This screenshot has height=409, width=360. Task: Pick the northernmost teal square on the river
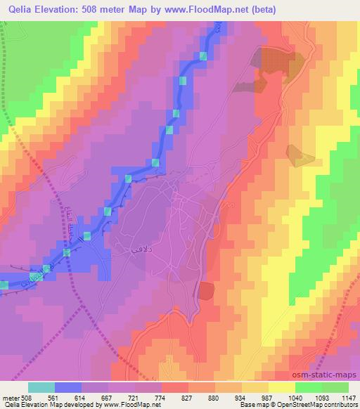204,56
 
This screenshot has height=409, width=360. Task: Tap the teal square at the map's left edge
4,285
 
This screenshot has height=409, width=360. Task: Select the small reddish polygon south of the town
206,291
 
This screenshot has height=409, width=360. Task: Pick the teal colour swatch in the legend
41,387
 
